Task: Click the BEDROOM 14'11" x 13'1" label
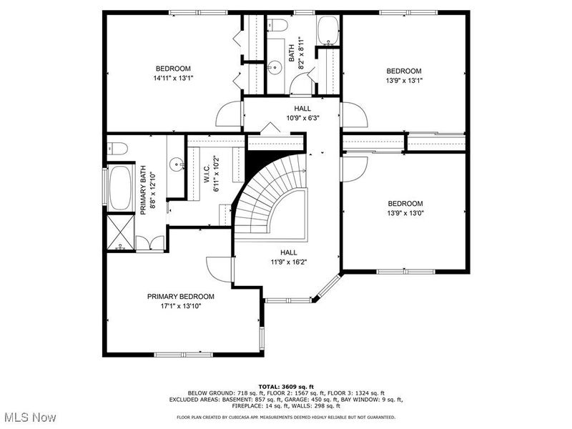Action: [173, 73]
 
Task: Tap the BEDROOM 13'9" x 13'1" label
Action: [404, 75]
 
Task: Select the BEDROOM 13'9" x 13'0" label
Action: [404, 208]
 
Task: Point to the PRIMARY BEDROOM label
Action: [180, 301]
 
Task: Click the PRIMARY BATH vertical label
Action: [147, 191]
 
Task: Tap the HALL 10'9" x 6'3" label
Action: [292, 113]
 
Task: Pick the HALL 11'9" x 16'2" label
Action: [288, 257]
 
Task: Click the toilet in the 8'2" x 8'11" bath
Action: [280, 26]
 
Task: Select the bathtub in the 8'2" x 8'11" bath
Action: [329, 30]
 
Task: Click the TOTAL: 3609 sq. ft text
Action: [286, 386]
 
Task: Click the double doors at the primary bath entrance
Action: [150, 244]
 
